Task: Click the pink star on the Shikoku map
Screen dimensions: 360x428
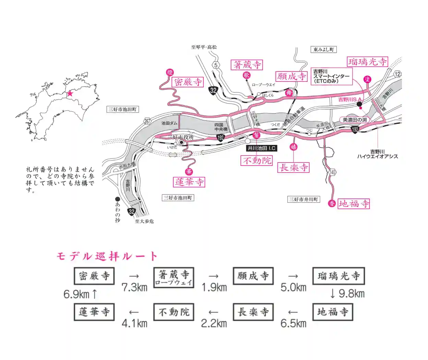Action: [x=70, y=93]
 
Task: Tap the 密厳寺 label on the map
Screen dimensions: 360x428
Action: [x=188, y=82]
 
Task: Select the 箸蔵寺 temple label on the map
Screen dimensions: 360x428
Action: [x=247, y=65]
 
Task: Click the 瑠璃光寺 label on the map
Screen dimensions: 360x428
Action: [x=368, y=62]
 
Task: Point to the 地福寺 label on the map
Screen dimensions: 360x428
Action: [x=354, y=204]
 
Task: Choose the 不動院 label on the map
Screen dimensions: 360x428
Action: [x=257, y=160]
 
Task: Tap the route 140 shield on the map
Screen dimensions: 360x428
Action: [x=332, y=172]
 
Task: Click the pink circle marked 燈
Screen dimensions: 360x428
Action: [x=170, y=72]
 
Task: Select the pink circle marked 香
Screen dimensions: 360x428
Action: [x=332, y=204]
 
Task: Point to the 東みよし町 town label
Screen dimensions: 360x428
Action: [x=323, y=49]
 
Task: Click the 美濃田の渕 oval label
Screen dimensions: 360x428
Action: [x=355, y=120]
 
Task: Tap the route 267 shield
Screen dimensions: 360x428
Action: [x=147, y=121]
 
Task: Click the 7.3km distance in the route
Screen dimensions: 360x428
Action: [x=134, y=287]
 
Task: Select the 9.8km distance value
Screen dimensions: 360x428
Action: [x=351, y=293]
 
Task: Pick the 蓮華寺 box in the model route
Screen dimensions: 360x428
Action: [x=94, y=312]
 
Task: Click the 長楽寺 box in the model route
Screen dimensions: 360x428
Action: [x=253, y=312]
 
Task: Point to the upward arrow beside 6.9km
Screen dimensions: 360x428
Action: [x=95, y=294]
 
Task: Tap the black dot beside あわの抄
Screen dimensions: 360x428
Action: [x=118, y=199]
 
